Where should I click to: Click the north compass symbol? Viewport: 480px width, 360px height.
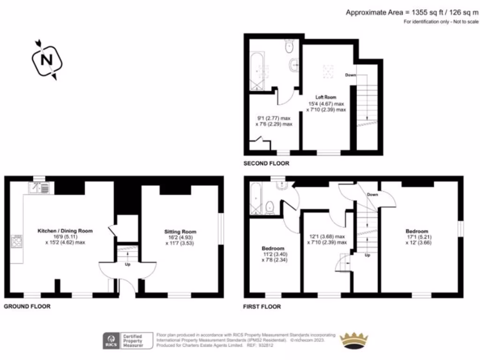pyautogui.click(x=46, y=60)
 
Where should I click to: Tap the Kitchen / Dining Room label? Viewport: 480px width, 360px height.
pyautogui.click(x=66, y=231)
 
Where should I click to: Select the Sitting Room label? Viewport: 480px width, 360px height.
pyautogui.click(x=180, y=232)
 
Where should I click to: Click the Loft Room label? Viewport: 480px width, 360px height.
pyautogui.click(x=326, y=97)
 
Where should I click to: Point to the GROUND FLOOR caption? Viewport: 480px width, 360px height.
pyautogui.click(x=27, y=306)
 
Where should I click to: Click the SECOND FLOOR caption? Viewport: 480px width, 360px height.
pyautogui.click(x=266, y=164)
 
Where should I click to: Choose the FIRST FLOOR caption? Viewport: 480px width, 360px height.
pyautogui.click(x=262, y=307)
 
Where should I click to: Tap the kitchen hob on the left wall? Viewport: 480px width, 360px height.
pyautogui.click(x=16, y=242)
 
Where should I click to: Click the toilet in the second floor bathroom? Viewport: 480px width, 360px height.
pyautogui.click(x=289, y=46)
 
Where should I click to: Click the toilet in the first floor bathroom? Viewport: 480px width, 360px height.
pyautogui.click(x=270, y=207)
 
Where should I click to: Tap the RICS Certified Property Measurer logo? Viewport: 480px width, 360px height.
pyautogui.click(x=129, y=341)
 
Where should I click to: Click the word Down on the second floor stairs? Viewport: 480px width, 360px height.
pyautogui.click(x=350, y=75)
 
